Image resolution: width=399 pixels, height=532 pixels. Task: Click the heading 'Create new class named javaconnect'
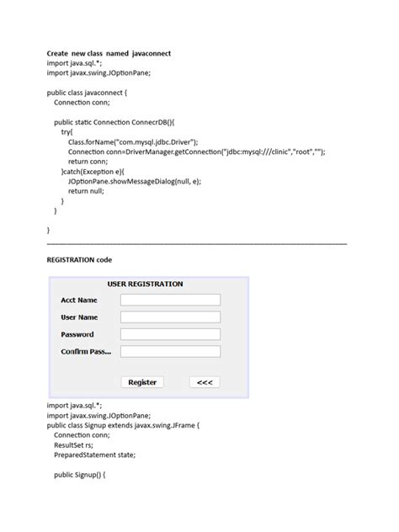click(109, 53)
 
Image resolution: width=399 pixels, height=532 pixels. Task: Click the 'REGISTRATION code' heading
click(79, 260)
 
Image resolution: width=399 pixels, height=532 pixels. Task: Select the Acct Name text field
click(170, 300)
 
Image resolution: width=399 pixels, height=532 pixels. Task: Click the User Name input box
click(170, 317)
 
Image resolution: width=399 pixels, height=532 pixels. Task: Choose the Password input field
click(170, 334)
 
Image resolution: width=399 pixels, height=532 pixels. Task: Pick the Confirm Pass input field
click(170, 352)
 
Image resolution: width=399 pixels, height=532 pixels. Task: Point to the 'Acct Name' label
click(78, 300)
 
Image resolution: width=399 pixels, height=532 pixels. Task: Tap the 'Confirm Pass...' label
click(85, 352)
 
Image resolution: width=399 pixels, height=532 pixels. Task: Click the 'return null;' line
click(87, 191)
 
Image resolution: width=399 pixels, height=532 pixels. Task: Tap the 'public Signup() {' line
click(79, 475)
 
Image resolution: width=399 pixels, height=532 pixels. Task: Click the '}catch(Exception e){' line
click(96, 171)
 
